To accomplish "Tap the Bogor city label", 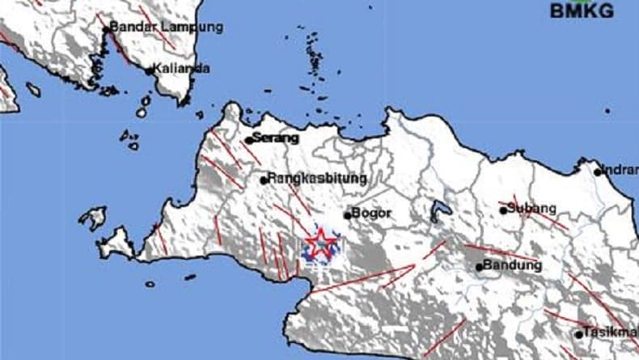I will click(x=372, y=214).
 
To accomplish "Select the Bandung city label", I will click(x=513, y=265).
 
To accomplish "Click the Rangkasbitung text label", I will click(x=317, y=178).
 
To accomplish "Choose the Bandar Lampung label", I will click(x=166, y=27).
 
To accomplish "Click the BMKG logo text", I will click(x=582, y=11).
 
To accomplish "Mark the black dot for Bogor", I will click(x=347, y=214).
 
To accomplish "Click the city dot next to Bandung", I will click(x=479, y=266).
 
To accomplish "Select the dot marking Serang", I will click(x=249, y=140).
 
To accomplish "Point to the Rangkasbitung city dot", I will click(x=264, y=180).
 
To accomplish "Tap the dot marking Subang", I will click(x=503, y=210).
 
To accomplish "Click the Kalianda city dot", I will click(x=150, y=70).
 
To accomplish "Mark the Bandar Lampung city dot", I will click(x=106, y=29).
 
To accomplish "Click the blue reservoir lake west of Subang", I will click(x=440, y=210).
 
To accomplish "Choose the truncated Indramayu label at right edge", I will click(x=620, y=171).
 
